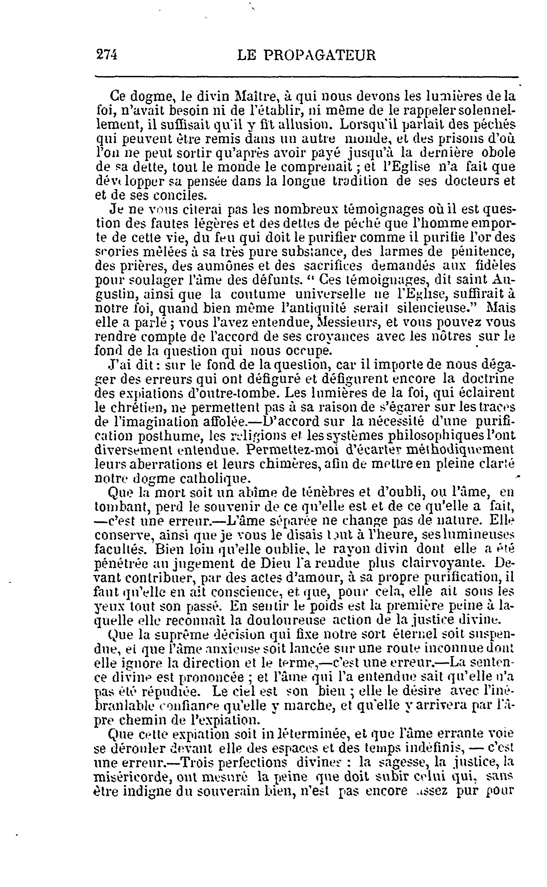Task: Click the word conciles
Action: [x=182, y=195]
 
